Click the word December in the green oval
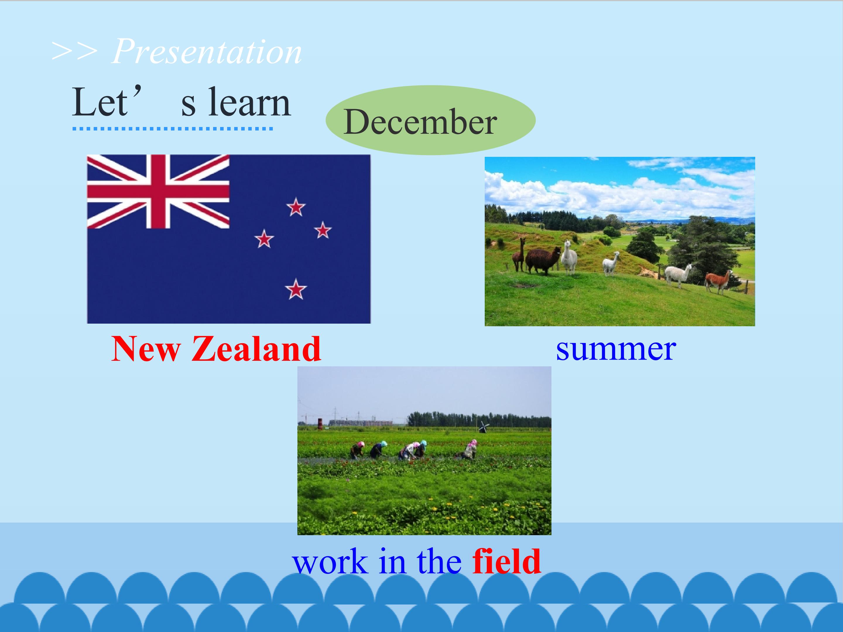(x=420, y=122)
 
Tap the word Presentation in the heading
(x=207, y=51)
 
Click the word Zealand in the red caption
(x=256, y=348)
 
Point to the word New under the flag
(x=146, y=348)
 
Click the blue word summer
(x=616, y=349)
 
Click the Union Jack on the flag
(x=158, y=192)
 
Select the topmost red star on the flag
(x=296, y=207)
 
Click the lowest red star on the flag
(x=296, y=289)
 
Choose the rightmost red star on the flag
(x=323, y=230)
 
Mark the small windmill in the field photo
(x=483, y=427)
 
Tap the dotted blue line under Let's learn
(x=173, y=129)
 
